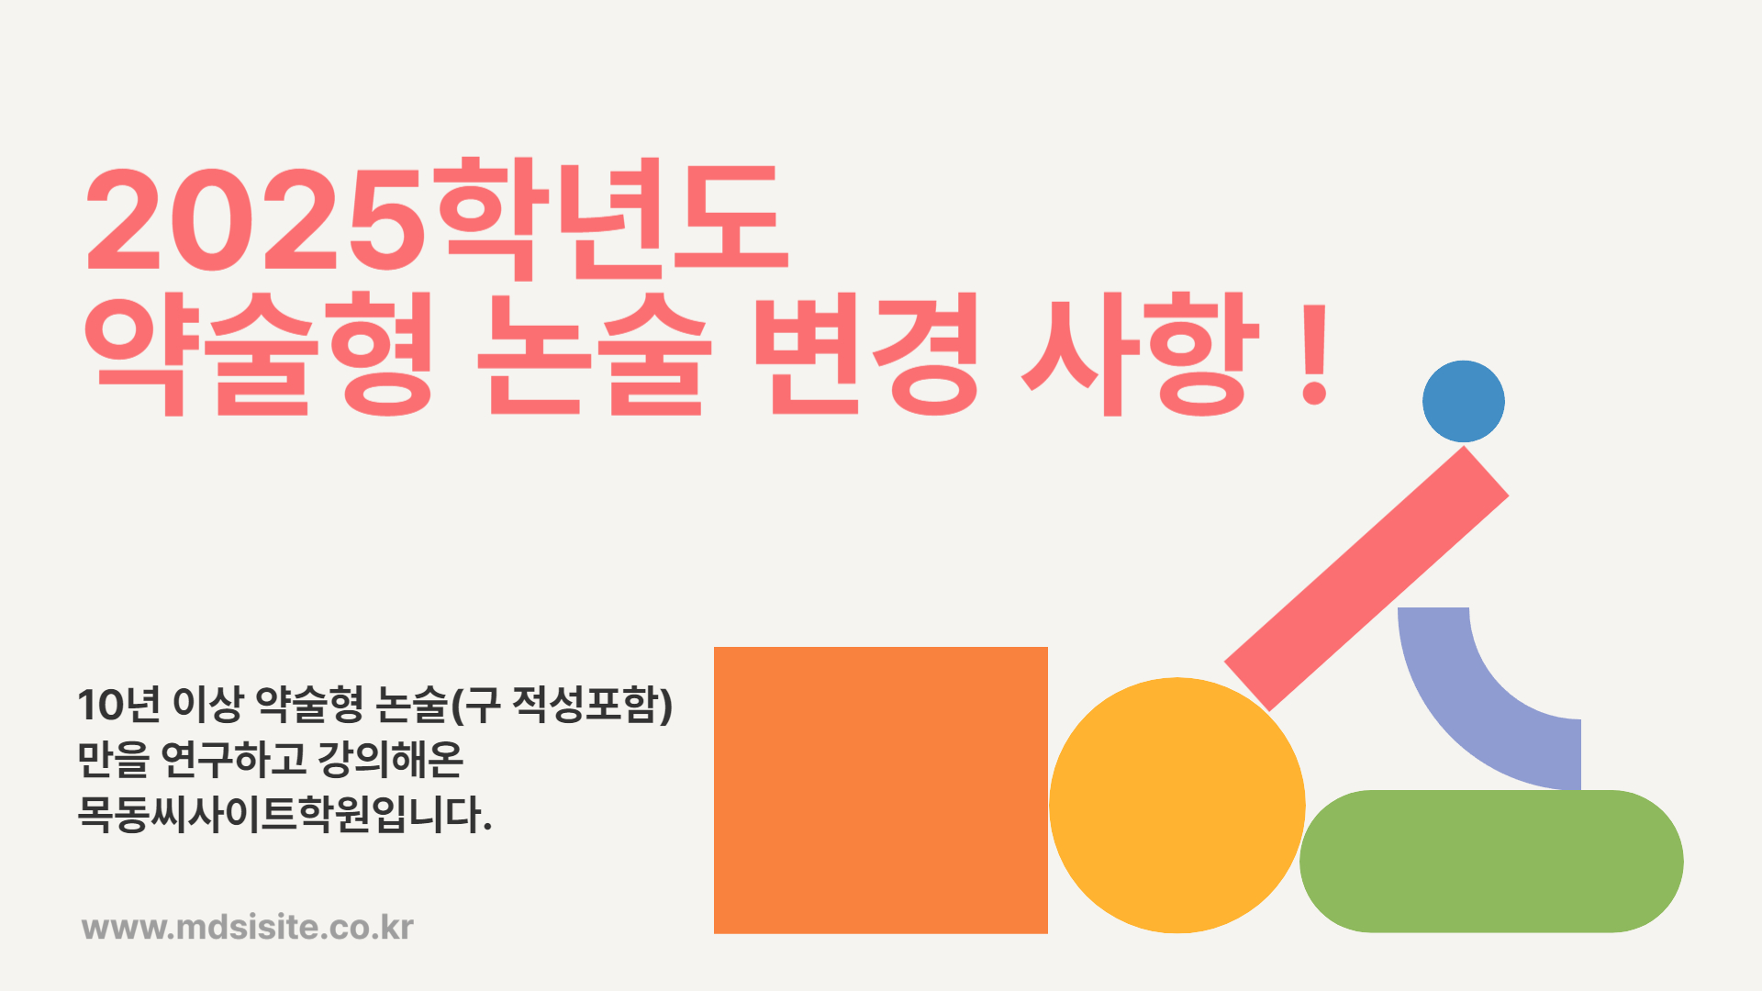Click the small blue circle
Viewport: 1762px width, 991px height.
click(1464, 401)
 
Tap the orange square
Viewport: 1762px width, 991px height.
click(881, 790)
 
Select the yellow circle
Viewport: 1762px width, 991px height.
click(1177, 806)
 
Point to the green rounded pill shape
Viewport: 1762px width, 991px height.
click(1491, 862)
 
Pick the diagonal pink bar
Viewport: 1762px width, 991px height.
click(1366, 579)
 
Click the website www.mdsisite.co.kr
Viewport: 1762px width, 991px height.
click(248, 927)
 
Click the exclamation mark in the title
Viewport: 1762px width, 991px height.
click(1315, 355)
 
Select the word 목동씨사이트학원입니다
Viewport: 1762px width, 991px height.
click(284, 814)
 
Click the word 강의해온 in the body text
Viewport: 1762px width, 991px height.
click(390, 759)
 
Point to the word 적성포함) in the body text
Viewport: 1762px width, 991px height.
click(593, 704)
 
